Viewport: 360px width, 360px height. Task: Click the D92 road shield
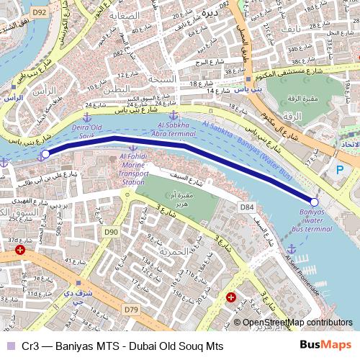click(40, 12)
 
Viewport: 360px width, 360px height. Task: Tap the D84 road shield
click(247, 207)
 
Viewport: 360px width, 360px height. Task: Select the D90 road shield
click(110, 232)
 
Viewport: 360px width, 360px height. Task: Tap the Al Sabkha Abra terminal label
click(173, 129)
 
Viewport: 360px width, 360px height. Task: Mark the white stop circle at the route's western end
click(45, 153)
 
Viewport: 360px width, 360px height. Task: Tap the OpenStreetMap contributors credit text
click(297, 323)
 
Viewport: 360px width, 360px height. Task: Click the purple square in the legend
click(9, 346)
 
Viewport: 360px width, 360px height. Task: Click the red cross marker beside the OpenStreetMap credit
click(230, 297)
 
